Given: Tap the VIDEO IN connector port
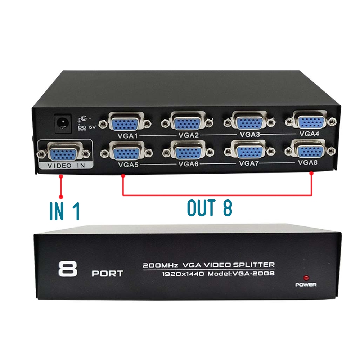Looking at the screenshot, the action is click(63, 153).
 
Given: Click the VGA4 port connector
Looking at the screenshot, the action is click(311, 121).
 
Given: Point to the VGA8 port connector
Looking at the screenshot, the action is click(310, 150).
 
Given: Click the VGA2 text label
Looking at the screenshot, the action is click(188, 135).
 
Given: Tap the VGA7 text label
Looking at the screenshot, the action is click(249, 163).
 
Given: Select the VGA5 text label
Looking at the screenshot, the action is click(128, 165).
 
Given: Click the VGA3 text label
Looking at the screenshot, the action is click(249, 135).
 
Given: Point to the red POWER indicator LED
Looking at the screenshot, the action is click(306, 278).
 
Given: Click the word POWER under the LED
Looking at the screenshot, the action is click(306, 285).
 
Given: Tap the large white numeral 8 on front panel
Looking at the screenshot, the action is click(68, 269).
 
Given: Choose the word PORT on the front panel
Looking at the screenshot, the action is click(107, 274).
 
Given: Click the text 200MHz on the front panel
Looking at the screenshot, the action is click(161, 266).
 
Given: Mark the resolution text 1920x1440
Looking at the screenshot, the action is click(183, 274).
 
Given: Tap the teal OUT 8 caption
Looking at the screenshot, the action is click(210, 208).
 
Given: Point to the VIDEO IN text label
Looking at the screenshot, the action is click(66, 166).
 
